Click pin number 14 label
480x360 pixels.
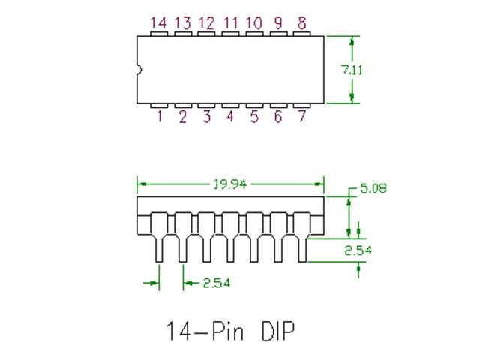[x=158, y=23]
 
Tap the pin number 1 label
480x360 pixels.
[x=159, y=117]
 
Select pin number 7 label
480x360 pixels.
[x=301, y=117]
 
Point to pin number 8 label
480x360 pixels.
[x=301, y=23]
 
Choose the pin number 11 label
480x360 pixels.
[x=230, y=23]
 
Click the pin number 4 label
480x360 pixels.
[x=230, y=117]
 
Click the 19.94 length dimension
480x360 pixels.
[x=229, y=184]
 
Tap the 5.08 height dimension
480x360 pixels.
[x=373, y=189]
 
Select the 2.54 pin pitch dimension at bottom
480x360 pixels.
[x=216, y=283]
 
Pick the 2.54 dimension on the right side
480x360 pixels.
[x=358, y=250]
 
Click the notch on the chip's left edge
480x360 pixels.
[x=139, y=70]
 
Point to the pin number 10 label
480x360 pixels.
[x=254, y=23]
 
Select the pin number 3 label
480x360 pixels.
[x=206, y=117]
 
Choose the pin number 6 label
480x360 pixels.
[x=278, y=117]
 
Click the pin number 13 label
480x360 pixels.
[x=182, y=23]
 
